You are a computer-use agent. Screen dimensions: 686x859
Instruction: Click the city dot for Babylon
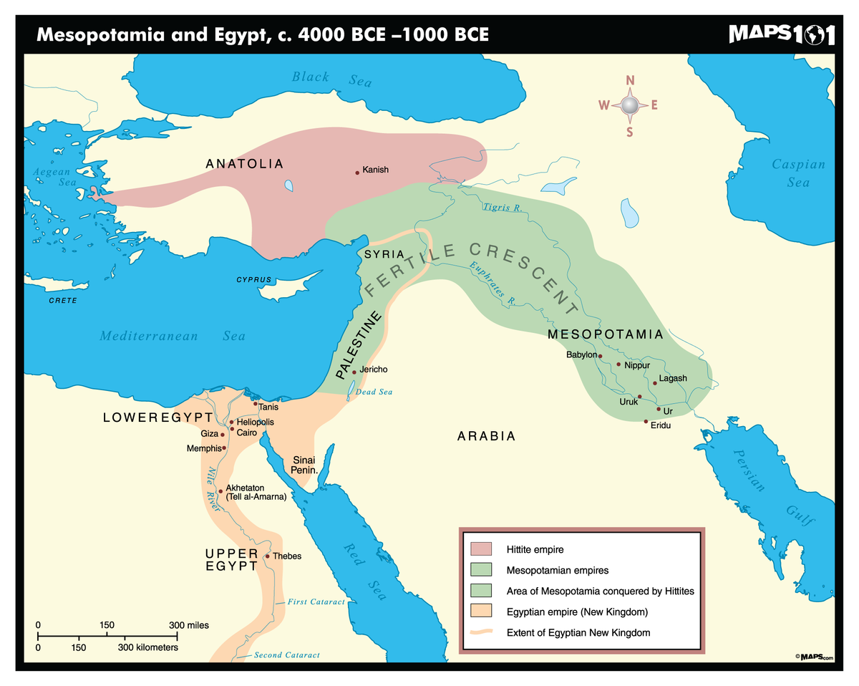coord(601,356)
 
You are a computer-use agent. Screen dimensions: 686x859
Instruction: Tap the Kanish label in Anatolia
coord(375,170)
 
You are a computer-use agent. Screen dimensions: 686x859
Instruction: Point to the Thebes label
coord(287,556)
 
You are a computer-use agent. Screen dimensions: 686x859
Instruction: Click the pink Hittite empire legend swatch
coord(481,549)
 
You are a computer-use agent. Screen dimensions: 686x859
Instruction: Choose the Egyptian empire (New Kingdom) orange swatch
coord(481,612)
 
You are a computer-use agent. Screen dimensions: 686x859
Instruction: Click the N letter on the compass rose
coord(630,80)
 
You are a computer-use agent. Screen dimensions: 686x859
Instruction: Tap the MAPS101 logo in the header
coord(781,34)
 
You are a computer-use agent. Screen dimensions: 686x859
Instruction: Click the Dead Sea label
coord(374,392)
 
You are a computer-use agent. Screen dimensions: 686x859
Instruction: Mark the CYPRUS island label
coord(254,279)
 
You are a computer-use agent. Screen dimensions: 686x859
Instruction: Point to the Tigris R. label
coord(501,208)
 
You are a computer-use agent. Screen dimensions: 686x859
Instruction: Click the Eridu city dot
coord(646,421)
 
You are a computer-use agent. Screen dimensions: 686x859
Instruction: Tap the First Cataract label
coord(316,602)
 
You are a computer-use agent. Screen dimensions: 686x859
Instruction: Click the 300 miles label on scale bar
coord(189,625)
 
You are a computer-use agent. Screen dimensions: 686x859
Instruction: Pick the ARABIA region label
coord(486,436)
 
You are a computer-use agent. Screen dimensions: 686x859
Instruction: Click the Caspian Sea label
coord(798,173)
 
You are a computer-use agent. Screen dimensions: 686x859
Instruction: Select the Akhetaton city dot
coord(220,491)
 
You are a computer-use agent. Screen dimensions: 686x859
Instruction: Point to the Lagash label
coord(673,378)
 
